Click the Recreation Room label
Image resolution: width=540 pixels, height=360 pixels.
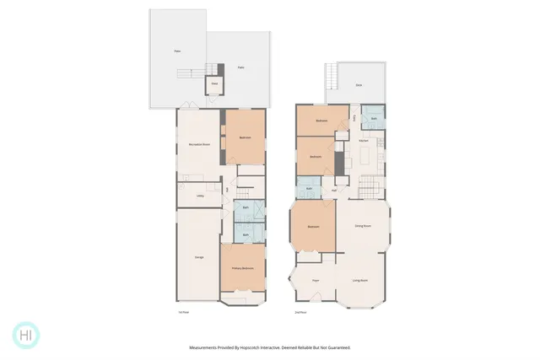click(x=199, y=145)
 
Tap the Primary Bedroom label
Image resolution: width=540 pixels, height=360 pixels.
click(x=243, y=268)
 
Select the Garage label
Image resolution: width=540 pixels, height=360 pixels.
click(x=199, y=256)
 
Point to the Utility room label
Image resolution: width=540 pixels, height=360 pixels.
click(x=201, y=196)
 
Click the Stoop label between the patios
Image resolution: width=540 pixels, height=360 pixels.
click(x=214, y=83)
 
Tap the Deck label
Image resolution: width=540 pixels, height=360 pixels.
click(x=359, y=84)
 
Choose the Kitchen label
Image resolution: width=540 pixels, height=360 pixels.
click(x=364, y=140)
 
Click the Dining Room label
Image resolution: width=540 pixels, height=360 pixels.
click(x=364, y=226)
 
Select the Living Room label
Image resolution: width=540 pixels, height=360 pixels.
click(x=362, y=280)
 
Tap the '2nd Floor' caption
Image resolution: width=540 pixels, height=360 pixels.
click(x=300, y=312)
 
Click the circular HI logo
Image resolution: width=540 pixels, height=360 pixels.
click(x=26, y=335)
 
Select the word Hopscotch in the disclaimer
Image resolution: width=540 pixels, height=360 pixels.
click(x=263, y=347)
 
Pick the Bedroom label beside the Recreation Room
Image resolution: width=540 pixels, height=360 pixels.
click(x=245, y=137)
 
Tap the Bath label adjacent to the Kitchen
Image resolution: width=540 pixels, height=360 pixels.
click(x=374, y=119)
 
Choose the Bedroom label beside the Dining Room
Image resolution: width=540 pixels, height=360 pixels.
click(x=313, y=227)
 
